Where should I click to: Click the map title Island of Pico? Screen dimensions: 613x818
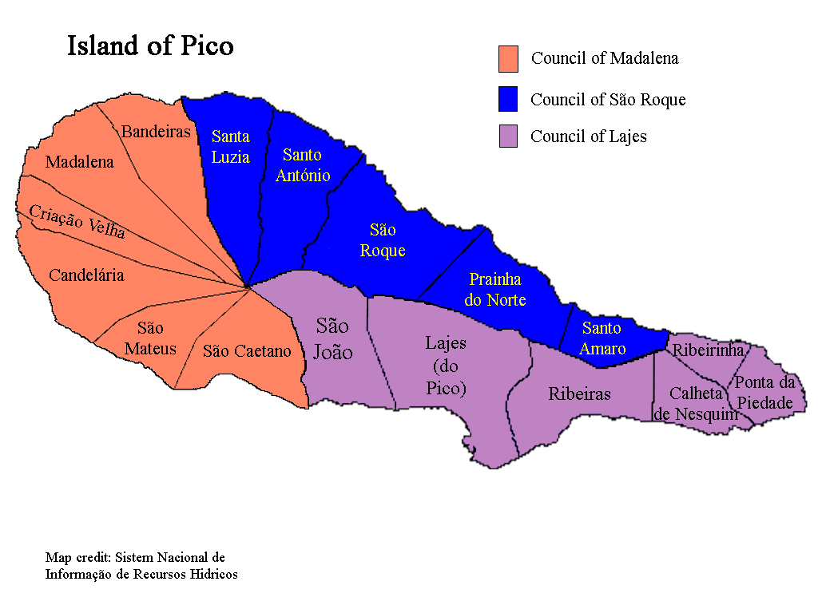click(150, 45)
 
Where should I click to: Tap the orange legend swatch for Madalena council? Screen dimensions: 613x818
click(508, 59)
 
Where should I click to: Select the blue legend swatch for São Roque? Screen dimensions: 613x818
click(508, 99)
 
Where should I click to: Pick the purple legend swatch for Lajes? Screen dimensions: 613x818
click(508, 136)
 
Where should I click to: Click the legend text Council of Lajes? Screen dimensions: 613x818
click(589, 136)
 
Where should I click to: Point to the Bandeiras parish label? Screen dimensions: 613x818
click(156, 132)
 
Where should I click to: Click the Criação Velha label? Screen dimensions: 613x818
click(77, 221)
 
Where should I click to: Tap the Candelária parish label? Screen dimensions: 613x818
click(86, 275)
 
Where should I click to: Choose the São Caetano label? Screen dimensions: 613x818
click(247, 351)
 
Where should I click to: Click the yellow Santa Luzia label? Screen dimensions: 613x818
click(230, 147)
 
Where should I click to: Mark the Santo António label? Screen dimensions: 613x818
click(303, 165)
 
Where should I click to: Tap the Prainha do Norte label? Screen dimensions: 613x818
click(495, 290)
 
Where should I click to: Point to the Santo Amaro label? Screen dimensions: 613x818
click(602, 338)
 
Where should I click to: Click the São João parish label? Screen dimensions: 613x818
click(332, 338)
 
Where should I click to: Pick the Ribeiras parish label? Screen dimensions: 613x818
click(579, 394)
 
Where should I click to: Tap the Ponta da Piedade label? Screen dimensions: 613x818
click(765, 392)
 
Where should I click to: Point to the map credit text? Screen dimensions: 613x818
click(141, 565)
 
